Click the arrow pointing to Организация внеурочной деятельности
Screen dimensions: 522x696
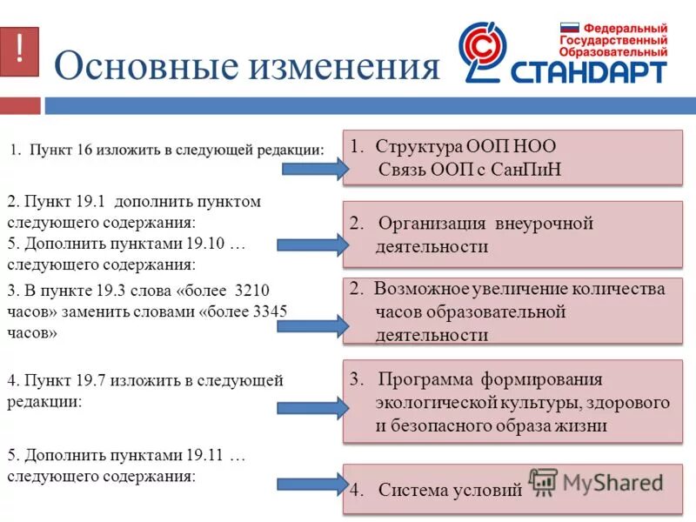click(312, 244)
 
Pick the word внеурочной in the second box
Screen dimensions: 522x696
click(544, 224)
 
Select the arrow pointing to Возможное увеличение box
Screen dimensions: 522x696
click(312, 326)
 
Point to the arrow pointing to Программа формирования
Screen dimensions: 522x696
click(312, 406)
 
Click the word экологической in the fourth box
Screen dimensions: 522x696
click(436, 403)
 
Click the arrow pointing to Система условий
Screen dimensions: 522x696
click(312, 485)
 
